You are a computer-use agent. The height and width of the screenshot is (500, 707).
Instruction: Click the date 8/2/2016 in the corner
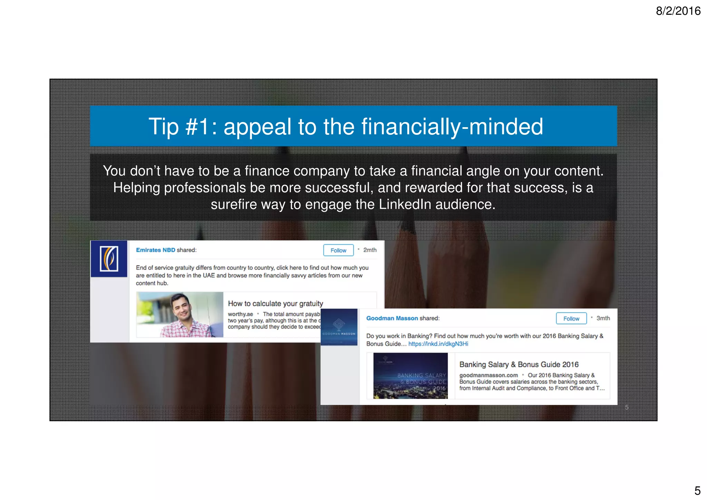678,11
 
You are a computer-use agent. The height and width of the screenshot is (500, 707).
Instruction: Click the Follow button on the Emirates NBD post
338,250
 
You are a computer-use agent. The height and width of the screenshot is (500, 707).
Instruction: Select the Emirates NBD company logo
109,259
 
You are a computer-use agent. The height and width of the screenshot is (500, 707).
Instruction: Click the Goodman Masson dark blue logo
339,327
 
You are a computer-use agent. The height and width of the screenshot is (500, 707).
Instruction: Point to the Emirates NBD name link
155,250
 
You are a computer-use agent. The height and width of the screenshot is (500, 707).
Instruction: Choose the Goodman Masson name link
392,318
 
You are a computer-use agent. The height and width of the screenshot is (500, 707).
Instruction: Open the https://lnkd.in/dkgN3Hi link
438,344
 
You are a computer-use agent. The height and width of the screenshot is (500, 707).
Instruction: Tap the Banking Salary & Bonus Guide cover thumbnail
410,376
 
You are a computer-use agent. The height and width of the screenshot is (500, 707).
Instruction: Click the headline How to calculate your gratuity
275,303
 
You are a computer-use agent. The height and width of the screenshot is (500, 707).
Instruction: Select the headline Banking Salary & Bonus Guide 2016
519,365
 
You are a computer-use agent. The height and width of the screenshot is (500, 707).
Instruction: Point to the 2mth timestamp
370,250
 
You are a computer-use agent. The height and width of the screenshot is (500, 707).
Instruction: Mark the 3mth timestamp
603,318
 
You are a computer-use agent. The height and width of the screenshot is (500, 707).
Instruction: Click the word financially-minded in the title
452,126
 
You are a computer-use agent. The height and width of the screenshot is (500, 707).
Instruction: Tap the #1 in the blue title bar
197,126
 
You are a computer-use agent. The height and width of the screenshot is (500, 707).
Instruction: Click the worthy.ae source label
240,314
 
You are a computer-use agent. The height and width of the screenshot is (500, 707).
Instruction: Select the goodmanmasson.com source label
488,375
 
